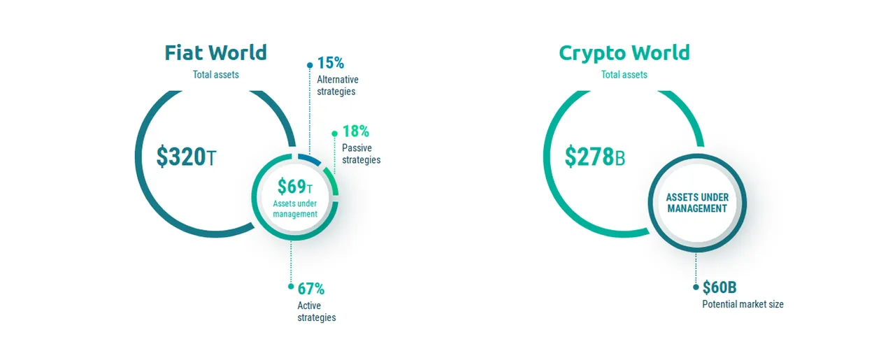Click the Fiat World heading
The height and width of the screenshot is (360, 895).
click(216, 52)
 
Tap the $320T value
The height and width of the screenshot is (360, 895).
click(186, 157)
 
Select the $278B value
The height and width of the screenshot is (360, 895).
click(594, 157)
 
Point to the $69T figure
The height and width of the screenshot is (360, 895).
click(295, 186)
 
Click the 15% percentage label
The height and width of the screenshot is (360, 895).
click(331, 63)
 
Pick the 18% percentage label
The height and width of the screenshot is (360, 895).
click(356, 131)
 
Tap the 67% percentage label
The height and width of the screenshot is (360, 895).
click(311, 289)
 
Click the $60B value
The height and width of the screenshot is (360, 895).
click(719, 287)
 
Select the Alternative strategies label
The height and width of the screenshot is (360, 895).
click(338, 85)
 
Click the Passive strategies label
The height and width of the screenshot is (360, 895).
click(361, 154)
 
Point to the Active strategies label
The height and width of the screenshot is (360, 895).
click(317, 312)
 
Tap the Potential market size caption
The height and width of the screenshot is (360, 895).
click(743, 305)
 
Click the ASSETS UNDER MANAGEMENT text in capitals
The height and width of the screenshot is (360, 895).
click(697, 203)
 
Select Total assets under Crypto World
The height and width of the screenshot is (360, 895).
click(624, 75)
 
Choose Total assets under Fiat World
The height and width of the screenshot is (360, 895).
click(216, 75)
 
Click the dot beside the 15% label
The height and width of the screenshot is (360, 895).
click(310, 65)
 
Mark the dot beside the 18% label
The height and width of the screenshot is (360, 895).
click(335, 134)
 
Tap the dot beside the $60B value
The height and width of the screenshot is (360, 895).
click(696, 287)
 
